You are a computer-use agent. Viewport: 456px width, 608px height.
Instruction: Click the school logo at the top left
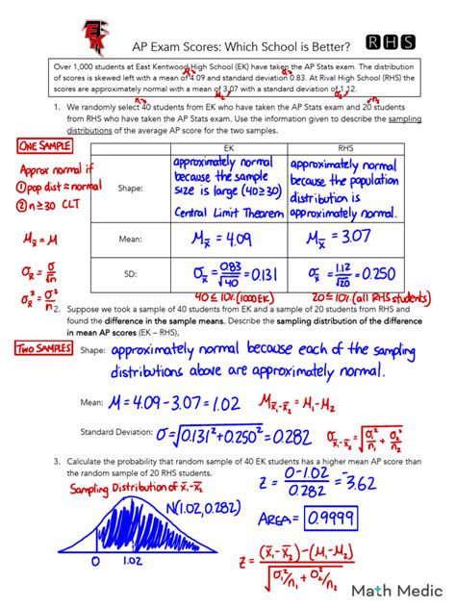click(96, 37)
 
